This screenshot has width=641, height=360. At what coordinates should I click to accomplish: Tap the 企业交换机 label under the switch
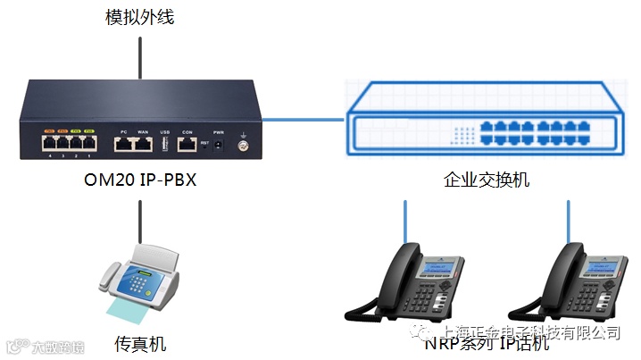click(x=487, y=180)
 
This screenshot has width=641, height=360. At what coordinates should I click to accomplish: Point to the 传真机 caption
click(x=140, y=343)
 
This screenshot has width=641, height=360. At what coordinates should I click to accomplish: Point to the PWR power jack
click(x=219, y=143)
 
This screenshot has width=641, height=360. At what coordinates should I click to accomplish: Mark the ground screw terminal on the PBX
click(x=240, y=144)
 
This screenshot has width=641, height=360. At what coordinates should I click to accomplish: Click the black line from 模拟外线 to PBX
click(x=139, y=55)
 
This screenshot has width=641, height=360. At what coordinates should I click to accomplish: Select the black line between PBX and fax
click(x=139, y=220)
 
